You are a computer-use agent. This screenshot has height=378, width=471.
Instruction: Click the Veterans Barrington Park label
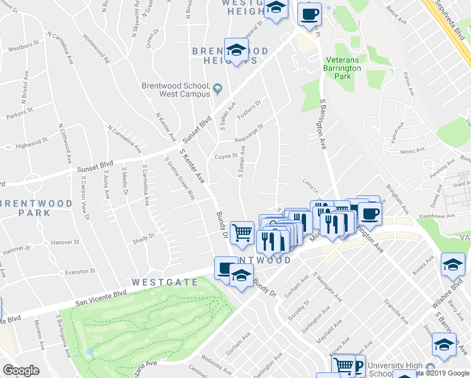coord(343,68)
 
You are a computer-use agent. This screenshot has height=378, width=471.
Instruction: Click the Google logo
coord(21,370)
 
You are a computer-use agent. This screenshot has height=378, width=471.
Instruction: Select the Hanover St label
coord(64,241)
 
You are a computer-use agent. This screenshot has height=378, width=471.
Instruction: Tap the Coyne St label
coord(225,156)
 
